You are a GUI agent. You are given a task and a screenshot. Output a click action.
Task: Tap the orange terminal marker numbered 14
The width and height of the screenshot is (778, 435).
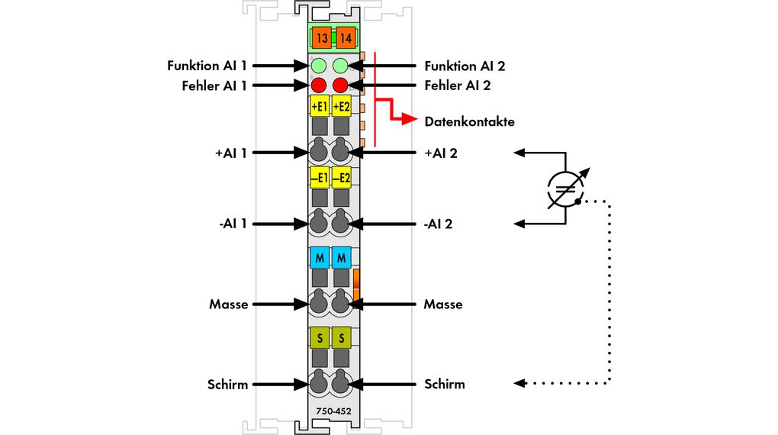(x=346, y=37)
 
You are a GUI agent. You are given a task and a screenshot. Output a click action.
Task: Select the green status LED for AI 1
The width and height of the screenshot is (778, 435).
(x=320, y=66)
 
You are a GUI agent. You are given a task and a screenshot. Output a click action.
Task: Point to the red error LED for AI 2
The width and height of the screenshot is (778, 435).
(x=340, y=85)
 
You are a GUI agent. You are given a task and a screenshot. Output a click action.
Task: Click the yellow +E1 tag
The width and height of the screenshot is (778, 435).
(x=320, y=105)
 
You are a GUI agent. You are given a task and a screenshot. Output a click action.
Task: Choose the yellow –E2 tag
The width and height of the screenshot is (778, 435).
(x=341, y=178)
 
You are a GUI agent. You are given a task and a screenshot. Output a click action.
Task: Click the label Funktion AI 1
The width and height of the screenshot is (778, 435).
(x=207, y=66)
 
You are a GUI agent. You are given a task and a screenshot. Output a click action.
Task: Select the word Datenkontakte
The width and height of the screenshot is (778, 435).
(x=469, y=121)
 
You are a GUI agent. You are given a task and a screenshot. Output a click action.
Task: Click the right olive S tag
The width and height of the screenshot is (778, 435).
(x=341, y=337)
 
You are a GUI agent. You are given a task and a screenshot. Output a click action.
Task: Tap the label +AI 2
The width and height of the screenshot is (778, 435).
(x=440, y=153)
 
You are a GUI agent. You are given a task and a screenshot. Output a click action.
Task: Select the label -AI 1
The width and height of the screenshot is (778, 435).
(x=231, y=224)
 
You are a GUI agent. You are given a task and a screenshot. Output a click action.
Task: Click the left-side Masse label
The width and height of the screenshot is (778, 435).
(x=229, y=304)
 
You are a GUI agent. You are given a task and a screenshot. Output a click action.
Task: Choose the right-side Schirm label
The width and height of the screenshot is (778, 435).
(x=444, y=384)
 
